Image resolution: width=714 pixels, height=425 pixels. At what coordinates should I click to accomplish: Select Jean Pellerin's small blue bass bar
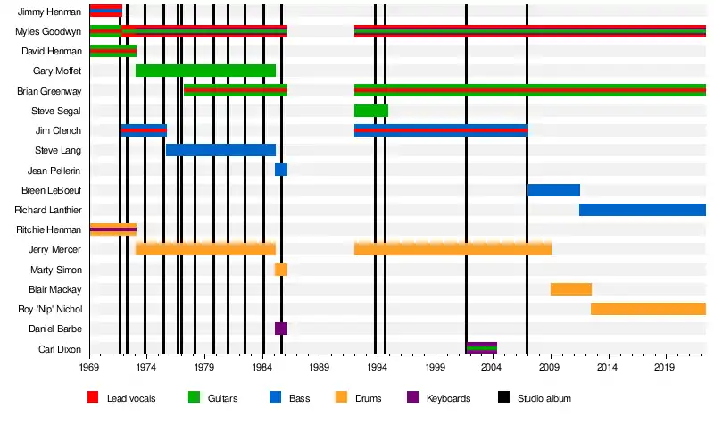tap(281, 170)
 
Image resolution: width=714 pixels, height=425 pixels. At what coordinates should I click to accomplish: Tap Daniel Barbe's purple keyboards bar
tap(281, 329)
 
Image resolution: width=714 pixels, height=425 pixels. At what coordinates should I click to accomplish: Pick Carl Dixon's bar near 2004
tap(482, 348)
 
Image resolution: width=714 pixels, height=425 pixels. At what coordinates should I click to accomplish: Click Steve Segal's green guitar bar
tap(370, 111)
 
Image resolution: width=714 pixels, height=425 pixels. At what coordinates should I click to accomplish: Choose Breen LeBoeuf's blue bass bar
tap(553, 190)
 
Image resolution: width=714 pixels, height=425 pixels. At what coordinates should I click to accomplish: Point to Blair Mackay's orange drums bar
tap(571, 289)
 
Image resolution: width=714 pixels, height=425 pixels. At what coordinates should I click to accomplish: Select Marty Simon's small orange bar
tap(281, 270)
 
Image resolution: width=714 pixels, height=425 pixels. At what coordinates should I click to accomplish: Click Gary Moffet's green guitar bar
tap(205, 71)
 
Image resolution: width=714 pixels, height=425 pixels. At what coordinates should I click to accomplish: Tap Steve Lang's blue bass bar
tap(220, 150)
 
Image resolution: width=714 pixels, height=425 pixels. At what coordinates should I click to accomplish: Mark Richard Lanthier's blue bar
tap(643, 210)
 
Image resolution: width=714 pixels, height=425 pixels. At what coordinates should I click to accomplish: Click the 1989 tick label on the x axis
tap(320, 368)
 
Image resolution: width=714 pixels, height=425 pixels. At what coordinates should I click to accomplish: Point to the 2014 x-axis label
tap(608, 368)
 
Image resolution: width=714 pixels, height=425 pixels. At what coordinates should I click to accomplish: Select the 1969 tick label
tap(89, 368)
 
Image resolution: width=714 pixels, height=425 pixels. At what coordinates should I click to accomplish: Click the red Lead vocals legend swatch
tap(93, 397)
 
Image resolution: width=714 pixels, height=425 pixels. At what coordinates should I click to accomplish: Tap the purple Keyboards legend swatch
tap(412, 397)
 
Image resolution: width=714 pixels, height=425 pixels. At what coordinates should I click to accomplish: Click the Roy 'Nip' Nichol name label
tap(51, 309)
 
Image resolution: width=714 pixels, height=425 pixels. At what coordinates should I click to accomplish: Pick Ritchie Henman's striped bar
tap(112, 229)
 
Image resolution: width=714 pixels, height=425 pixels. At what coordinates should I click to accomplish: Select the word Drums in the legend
tap(364, 398)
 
